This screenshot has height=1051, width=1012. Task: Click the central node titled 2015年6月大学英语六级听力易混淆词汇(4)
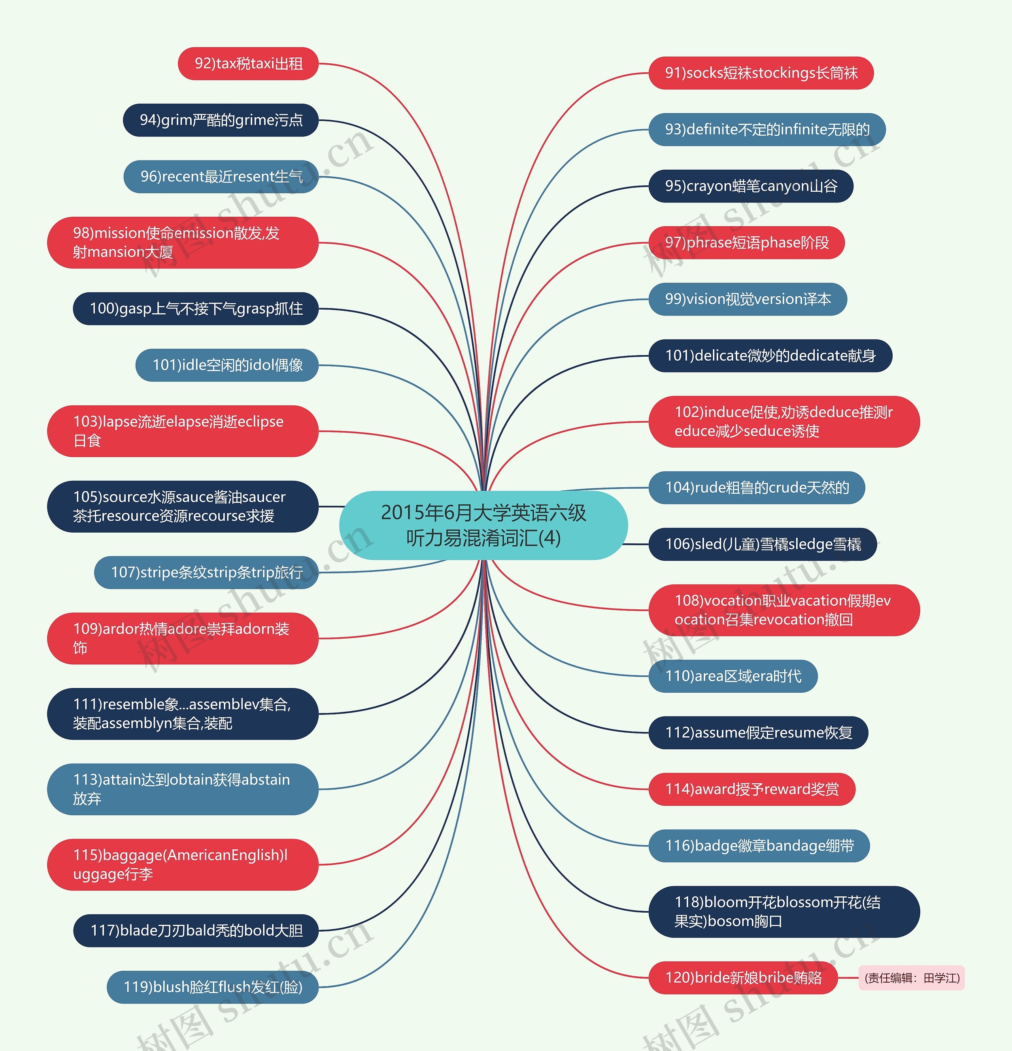483,525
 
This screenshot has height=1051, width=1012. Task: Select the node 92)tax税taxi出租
248,64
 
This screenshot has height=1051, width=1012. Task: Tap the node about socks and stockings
761,73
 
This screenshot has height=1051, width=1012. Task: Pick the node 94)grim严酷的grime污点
221,120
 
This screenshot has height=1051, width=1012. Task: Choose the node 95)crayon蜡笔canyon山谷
750,186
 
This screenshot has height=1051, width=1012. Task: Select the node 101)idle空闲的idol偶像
227,365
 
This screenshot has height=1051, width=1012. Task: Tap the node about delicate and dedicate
770,355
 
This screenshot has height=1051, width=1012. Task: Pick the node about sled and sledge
762,544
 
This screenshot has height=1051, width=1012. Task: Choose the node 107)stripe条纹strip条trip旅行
206,573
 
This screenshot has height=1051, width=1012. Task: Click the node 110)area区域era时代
733,676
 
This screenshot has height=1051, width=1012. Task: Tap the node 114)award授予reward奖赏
751,789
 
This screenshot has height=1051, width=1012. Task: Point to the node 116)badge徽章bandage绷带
759,846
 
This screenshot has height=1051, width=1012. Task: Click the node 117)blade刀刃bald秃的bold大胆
196,930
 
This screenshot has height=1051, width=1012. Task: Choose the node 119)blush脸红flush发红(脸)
213,987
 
